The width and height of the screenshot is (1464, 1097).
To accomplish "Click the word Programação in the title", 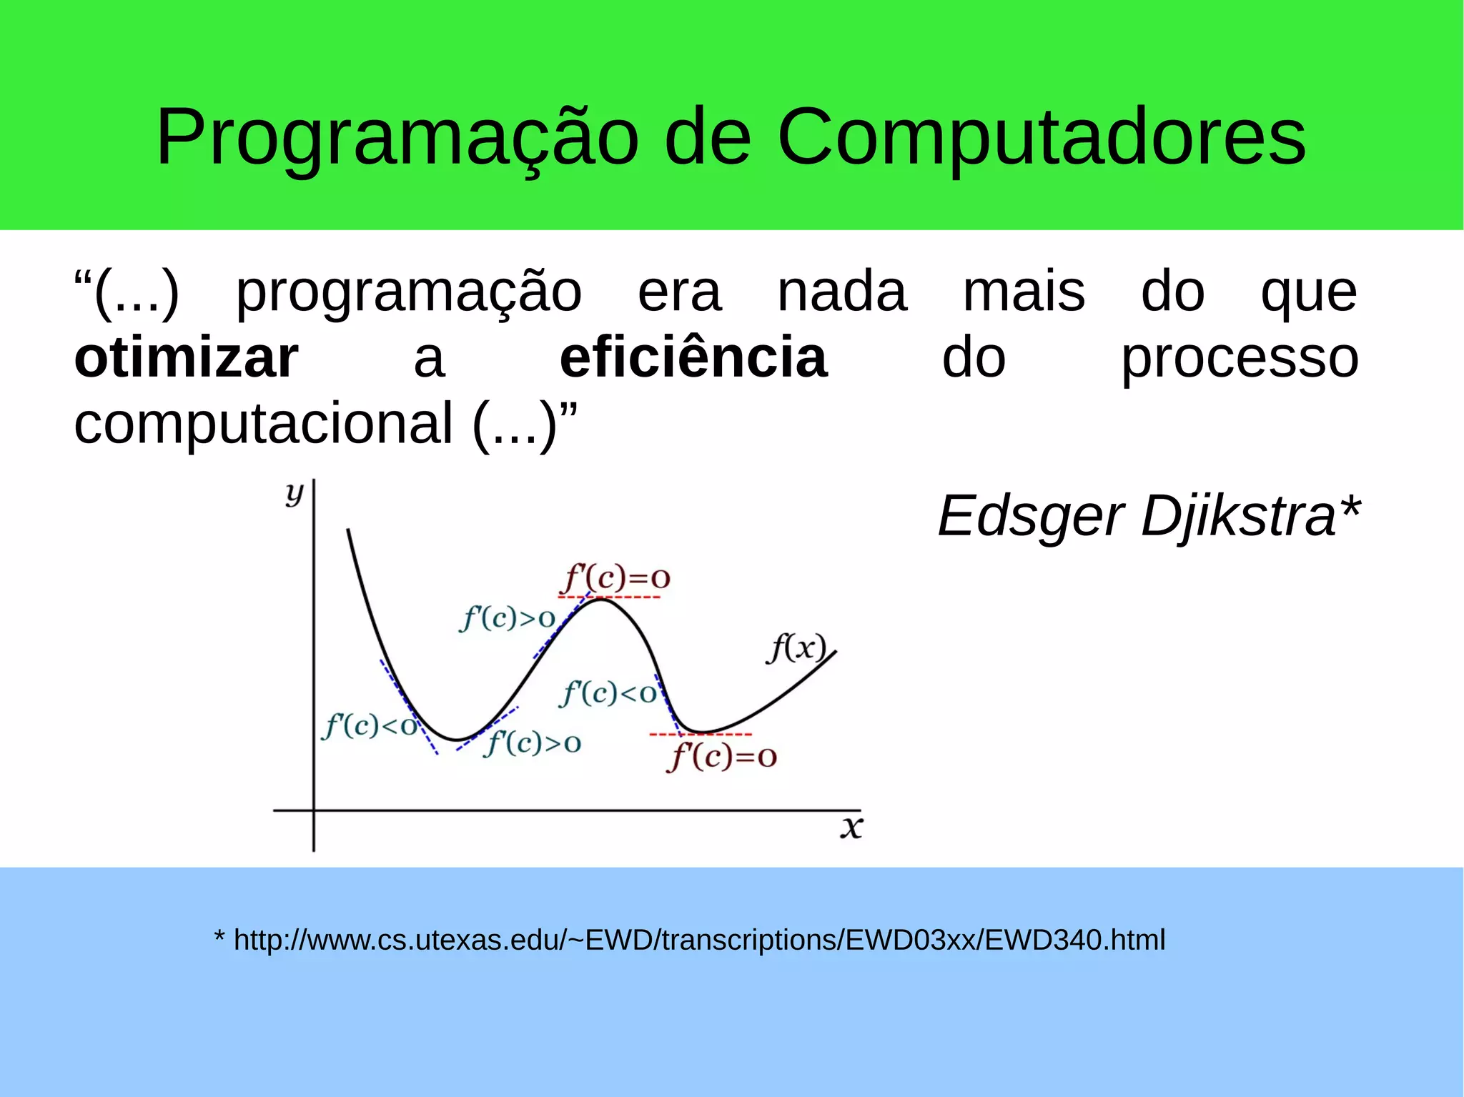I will point(397,137).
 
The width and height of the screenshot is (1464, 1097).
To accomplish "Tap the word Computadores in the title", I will point(1041,137).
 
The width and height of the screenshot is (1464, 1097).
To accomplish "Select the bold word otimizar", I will point(186,357).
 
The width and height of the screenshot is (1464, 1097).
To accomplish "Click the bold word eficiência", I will point(693,357).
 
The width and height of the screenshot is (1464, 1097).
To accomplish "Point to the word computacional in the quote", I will point(263,423).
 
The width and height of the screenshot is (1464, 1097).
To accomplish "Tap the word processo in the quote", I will point(1239,357).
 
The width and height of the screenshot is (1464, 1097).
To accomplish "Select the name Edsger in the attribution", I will point(1030,516).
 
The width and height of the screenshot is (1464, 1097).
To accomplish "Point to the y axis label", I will point(294,492).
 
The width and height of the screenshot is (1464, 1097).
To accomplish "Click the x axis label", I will point(851,827).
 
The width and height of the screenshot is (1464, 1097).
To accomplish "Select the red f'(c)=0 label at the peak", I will point(617,577).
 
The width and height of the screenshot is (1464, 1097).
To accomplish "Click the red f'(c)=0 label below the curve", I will point(722,757).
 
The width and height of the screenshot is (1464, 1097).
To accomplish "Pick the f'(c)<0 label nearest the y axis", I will point(370,726).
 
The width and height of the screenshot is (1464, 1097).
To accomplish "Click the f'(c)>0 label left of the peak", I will point(508,618).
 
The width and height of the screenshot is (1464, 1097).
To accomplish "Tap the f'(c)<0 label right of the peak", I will point(608,693).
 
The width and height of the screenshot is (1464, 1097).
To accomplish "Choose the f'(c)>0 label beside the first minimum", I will point(533,743).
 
